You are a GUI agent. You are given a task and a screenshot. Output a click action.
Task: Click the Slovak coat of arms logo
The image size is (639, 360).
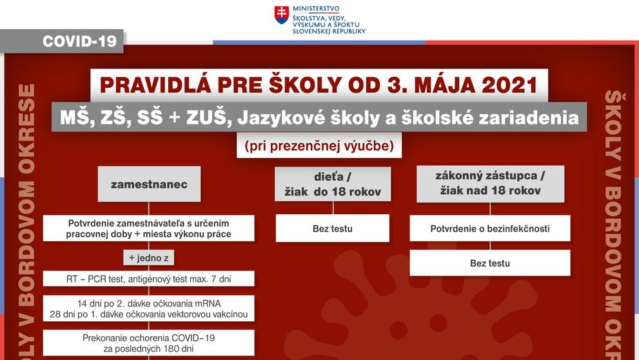pos(281,15)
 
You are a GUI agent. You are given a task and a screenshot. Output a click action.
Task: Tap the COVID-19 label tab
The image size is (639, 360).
pos(79,41)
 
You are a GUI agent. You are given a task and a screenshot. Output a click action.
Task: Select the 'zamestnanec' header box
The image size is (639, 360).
pos(149,184)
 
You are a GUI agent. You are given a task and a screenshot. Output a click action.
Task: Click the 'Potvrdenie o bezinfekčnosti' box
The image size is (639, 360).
pos(490,228)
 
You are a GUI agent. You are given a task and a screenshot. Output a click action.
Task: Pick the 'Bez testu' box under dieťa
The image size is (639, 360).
pos(333,228)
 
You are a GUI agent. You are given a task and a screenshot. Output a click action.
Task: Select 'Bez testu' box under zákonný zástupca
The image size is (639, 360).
pos(490,263)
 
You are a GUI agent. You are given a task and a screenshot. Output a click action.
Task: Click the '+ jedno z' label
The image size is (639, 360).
pos(149,259)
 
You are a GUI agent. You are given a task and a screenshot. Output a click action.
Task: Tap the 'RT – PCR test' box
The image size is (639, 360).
pos(149,279)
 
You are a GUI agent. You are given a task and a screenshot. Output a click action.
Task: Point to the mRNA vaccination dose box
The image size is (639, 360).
pos(149,309)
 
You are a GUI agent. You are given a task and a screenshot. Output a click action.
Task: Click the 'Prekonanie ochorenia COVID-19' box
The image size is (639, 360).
pos(149,343)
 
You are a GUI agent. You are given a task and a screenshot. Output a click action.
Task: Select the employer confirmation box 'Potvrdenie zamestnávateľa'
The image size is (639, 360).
pos(149,228)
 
